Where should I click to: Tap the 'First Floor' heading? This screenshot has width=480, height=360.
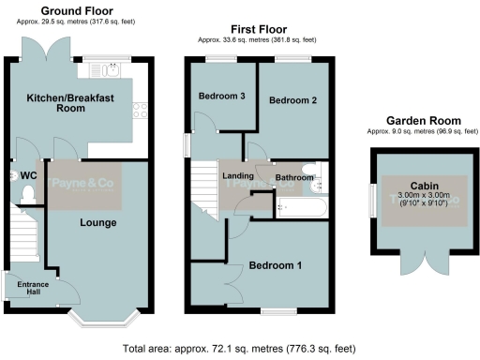point(258,29)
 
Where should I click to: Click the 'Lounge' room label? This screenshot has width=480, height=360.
point(98,223)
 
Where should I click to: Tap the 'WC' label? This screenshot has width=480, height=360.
point(28,175)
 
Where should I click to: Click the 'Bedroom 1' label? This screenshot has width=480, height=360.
point(273,265)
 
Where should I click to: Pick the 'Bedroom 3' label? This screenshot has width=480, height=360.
point(221,96)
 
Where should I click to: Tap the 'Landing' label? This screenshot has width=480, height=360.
point(238,175)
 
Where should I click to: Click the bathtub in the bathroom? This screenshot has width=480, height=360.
point(300,206)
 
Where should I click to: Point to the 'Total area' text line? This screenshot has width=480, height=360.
point(239,348)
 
